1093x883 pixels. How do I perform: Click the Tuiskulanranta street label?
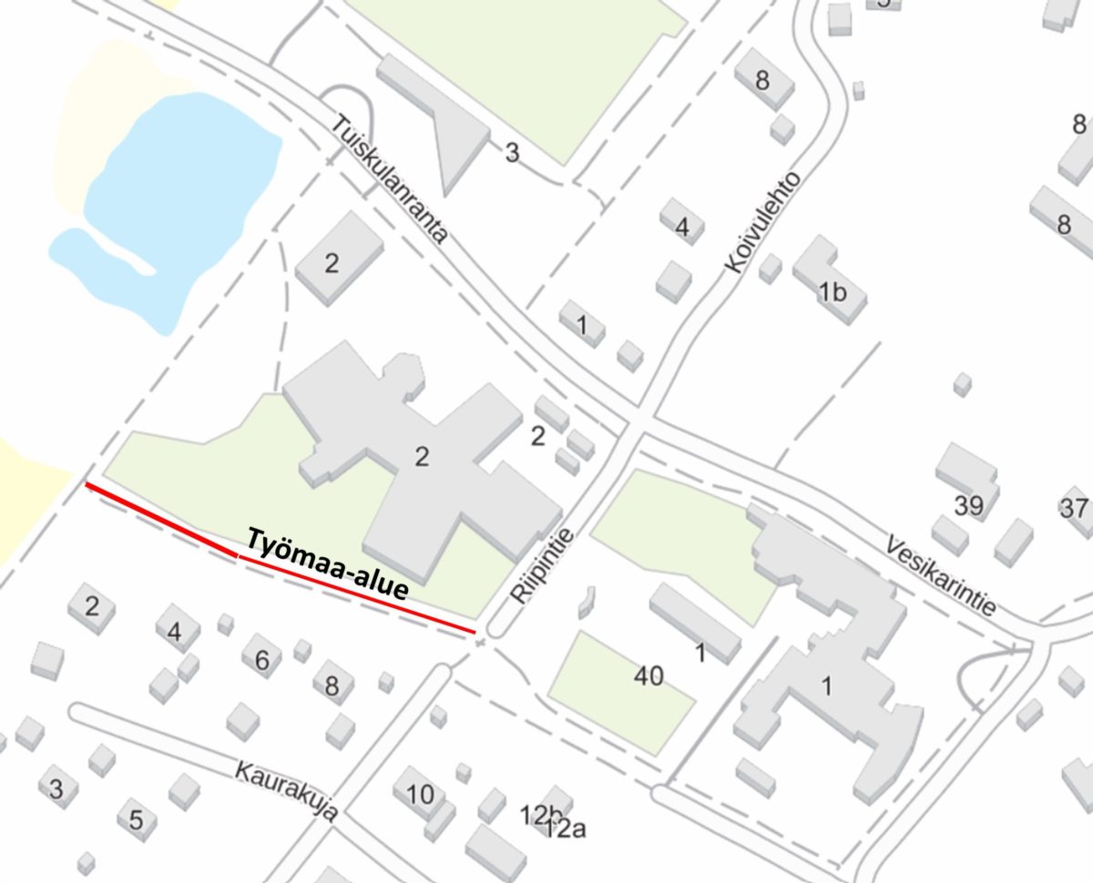pos(390,178)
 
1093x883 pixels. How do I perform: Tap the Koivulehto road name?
pos(763,222)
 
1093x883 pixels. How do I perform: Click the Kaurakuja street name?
pos(286,789)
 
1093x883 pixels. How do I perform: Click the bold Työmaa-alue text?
pos(326,565)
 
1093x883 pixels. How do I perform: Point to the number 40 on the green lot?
pos(649,675)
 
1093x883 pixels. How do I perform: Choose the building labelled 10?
pos(420,795)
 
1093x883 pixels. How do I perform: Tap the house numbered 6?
pos(261,660)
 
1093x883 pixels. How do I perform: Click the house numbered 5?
pos(136,820)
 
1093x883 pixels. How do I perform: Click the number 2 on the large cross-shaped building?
pos(421,457)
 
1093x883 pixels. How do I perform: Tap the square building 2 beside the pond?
pos(332,264)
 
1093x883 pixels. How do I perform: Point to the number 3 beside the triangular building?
pos(512,153)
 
